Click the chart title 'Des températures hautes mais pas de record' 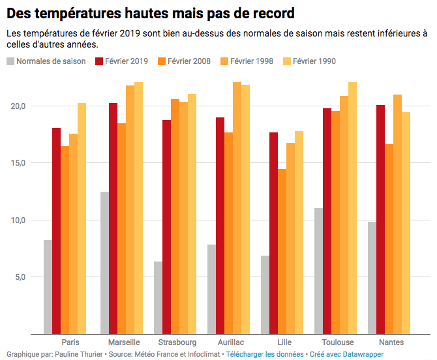click(x=151, y=12)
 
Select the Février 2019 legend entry click(x=121, y=61)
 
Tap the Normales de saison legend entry click(x=46, y=61)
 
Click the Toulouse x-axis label click(x=338, y=342)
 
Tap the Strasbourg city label click(x=177, y=342)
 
